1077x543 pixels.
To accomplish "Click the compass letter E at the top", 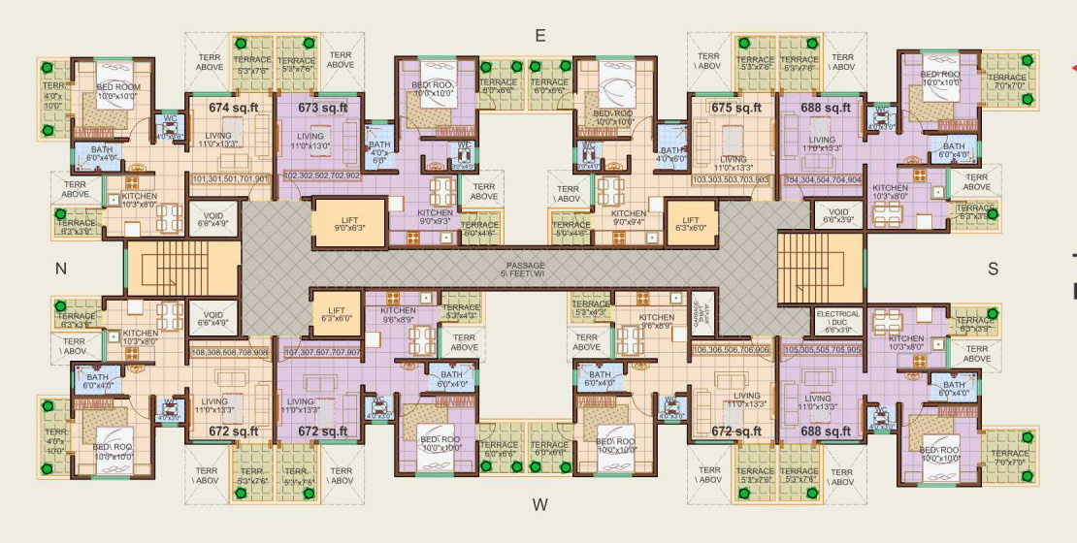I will pyautogui.click(x=540, y=36).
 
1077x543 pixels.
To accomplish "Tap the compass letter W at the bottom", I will pyautogui.click(x=540, y=504).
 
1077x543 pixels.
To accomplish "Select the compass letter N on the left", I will pyautogui.click(x=60, y=270).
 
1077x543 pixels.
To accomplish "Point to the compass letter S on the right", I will pyautogui.click(x=993, y=270).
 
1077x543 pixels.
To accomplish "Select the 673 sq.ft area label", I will pyautogui.click(x=322, y=108).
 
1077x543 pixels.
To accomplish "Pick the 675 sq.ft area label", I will pyautogui.click(x=735, y=108).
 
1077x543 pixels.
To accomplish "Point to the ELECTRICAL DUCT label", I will pyautogui.click(x=837, y=321).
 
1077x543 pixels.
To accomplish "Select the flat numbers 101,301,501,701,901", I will pyautogui.click(x=233, y=179).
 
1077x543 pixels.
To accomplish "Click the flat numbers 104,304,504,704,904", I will pyautogui.click(x=823, y=179).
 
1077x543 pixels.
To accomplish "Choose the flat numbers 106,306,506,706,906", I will pyautogui.click(x=732, y=349).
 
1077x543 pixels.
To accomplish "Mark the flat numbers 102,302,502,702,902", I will pyautogui.click(x=321, y=176).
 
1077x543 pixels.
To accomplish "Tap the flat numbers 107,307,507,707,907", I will pyautogui.click(x=322, y=352).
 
